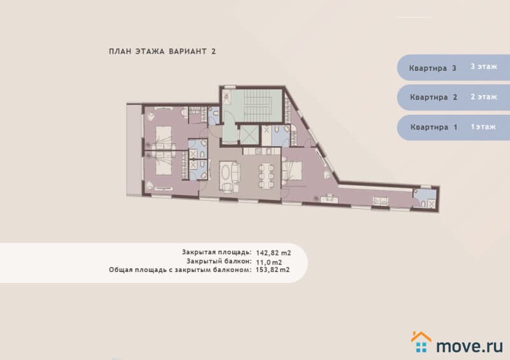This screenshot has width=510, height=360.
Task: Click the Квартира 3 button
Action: point(453,68)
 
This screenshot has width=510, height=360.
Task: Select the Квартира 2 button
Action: point(453,97)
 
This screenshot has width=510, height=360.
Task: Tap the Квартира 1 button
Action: point(453,127)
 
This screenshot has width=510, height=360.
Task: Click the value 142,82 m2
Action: point(273,253)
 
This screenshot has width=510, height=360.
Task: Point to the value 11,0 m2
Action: point(268,262)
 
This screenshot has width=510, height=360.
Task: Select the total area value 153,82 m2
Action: point(272,270)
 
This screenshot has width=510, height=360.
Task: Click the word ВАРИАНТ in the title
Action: point(187,52)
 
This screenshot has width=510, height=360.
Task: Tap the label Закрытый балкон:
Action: point(219,261)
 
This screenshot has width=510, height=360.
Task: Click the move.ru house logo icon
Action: point(421,342)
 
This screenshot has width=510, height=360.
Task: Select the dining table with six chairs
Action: point(266,176)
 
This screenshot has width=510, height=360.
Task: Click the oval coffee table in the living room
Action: point(225,174)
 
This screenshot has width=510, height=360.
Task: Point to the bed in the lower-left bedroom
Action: point(163,162)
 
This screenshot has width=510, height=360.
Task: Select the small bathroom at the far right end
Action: point(425,198)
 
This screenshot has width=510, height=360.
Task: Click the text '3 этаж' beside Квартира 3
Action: point(484,66)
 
